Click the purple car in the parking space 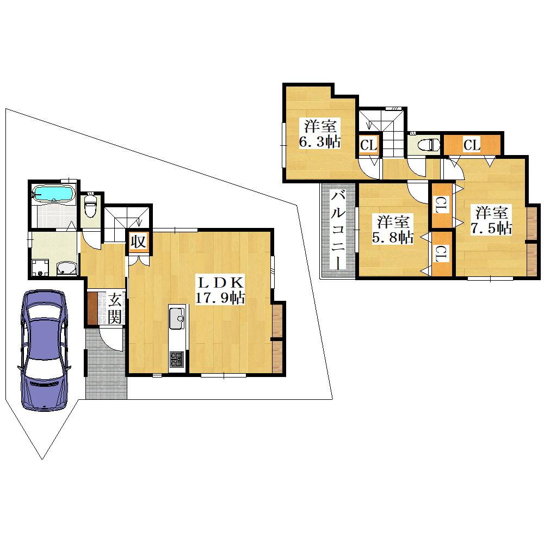tap(44, 350)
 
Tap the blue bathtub tap(53, 193)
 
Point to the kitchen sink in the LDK tap(177, 318)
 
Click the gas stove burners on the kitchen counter tap(177, 360)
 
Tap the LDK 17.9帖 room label tap(220, 290)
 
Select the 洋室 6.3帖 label tap(319, 134)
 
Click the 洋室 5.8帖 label tap(392, 230)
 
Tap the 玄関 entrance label tap(114, 308)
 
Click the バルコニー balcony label tap(338, 230)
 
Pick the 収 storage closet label tap(138, 242)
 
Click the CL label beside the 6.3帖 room tap(368, 145)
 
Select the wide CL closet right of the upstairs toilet tap(472, 145)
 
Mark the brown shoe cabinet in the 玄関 tap(92, 308)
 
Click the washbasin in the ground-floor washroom tap(66, 269)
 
